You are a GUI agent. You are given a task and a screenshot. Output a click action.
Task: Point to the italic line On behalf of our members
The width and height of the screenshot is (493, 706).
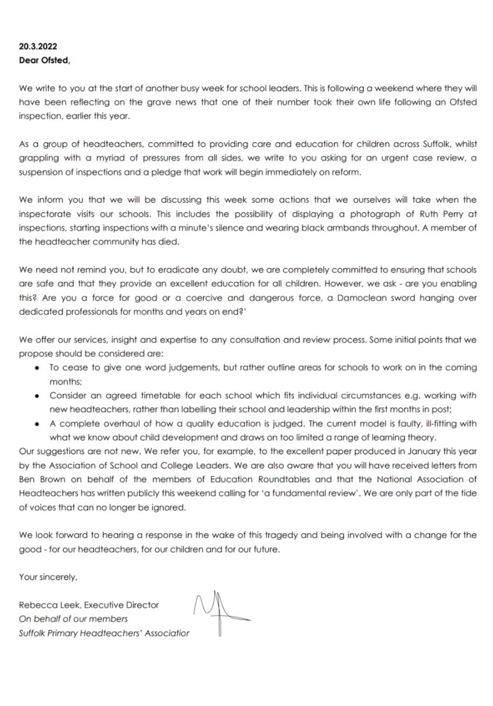coord(73,618)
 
